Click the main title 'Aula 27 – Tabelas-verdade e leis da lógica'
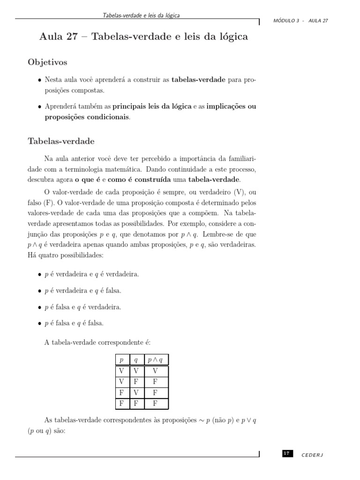143,37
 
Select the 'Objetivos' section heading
48,62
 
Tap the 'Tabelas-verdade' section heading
61,141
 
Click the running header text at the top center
141,15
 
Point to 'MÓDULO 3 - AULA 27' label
300,21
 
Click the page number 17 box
287,453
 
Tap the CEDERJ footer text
313,455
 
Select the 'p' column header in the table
121,360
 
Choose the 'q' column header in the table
136,360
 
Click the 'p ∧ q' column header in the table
155,360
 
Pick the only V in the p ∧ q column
155,371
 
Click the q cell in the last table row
136,403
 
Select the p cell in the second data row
121,382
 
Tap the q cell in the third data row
136,393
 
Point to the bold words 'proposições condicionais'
87,117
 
